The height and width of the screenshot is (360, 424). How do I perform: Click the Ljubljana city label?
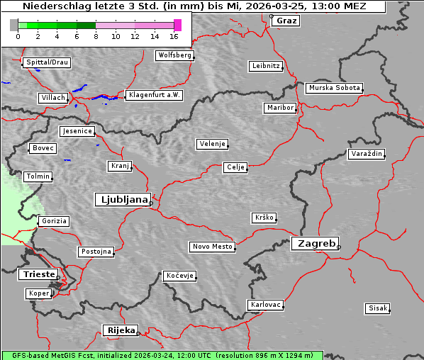point(122,200)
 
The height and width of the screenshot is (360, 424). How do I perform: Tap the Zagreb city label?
point(314,243)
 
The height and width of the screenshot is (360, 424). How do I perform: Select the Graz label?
point(286,21)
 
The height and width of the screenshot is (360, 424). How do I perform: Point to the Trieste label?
point(37,274)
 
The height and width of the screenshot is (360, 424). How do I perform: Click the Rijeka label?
point(120,330)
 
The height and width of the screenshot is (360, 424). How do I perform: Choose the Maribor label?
point(279,108)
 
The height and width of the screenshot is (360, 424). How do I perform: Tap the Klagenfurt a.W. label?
point(154,95)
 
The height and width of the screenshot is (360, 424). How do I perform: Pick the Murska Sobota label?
point(335,89)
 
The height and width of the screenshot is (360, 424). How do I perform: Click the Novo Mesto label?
point(212,247)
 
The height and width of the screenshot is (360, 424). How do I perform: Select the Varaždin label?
point(367,154)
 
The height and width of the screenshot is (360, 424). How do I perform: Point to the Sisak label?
point(377,308)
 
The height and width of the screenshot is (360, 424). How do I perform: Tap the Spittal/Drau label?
point(47,62)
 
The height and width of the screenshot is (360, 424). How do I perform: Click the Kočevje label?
point(179,276)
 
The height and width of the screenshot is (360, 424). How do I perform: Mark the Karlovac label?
point(266,305)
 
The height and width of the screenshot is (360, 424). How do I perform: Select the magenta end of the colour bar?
point(177,25)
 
